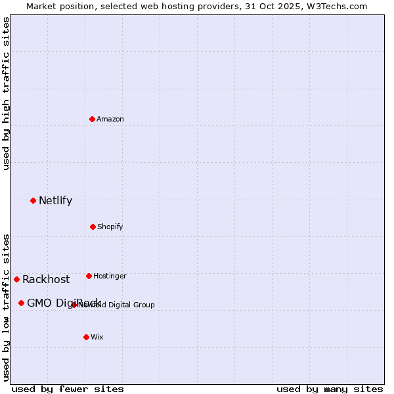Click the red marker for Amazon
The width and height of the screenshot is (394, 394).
pyautogui.click(x=93, y=119)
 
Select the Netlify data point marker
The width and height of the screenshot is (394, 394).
pyautogui.click(x=33, y=200)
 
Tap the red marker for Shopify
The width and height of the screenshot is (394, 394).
pyautogui.click(x=93, y=227)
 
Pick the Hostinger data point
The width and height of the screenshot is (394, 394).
pyautogui.click(x=89, y=276)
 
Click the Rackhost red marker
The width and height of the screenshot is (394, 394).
pyautogui.click(x=16, y=279)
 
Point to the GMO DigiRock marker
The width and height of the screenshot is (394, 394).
pyautogui.click(x=21, y=303)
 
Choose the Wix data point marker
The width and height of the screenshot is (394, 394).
pyautogui.click(x=86, y=337)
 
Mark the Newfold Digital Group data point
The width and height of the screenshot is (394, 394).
pyautogui.click(x=74, y=305)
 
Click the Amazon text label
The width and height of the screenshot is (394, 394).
pyautogui.click(x=110, y=120)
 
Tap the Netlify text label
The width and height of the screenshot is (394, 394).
pyautogui.click(x=55, y=201)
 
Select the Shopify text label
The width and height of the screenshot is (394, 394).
pyautogui.click(x=110, y=227)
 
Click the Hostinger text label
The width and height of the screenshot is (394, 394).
pyautogui.click(x=110, y=276)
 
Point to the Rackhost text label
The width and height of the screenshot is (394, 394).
pyautogui.click(x=46, y=280)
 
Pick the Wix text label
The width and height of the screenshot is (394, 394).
pyautogui.click(x=97, y=338)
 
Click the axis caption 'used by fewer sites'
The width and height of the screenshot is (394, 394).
pyautogui.click(x=68, y=389)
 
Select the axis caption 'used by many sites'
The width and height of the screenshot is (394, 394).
pyautogui.click(x=330, y=389)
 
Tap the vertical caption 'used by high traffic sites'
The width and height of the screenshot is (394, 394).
pyautogui.click(x=7, y=93)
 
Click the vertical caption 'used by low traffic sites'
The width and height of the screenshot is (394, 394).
pyautogui.click(x=7, y=307)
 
